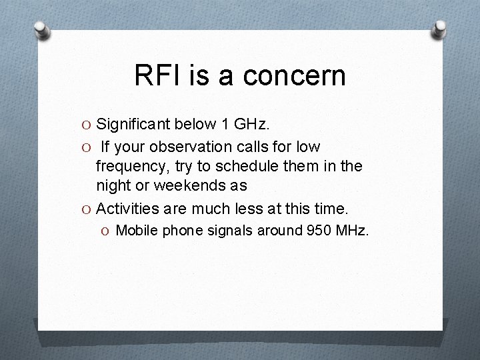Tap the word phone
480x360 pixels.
(179, 231)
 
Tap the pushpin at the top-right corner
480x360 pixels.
(439, 30)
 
